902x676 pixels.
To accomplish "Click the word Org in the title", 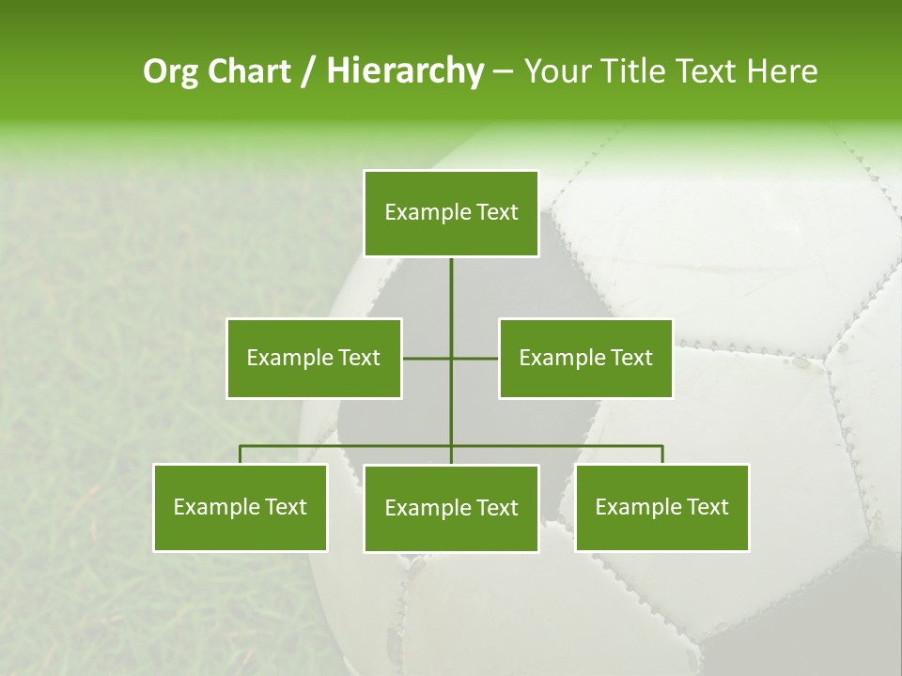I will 170,71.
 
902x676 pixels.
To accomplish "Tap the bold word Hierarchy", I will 405,71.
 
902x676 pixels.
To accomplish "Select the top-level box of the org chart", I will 451,213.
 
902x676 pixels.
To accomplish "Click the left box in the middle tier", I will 314,358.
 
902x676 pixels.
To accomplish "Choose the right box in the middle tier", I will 585,358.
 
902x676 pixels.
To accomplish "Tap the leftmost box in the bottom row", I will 241,507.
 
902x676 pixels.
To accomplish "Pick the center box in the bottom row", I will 451,508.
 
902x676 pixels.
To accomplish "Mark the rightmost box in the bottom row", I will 662,507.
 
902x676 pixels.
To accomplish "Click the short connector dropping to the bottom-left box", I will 241,454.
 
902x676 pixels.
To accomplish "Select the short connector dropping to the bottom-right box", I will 662,454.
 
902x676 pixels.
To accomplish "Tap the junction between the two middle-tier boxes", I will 451,358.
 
